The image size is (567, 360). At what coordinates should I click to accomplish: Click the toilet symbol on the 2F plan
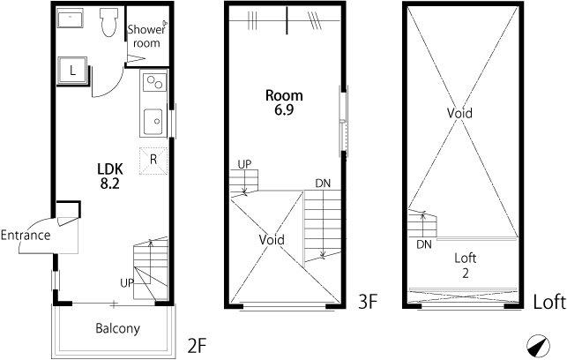click(108, 22)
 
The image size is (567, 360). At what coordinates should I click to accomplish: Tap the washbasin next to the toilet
click(71, 19)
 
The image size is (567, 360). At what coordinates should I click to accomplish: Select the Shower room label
click(146, 36)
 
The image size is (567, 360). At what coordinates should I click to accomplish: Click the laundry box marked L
click(72, 71)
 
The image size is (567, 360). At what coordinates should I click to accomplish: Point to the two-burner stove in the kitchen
click(155, 82)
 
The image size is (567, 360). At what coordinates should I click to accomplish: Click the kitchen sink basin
click(153, 122)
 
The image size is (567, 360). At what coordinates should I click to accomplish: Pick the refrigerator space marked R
click(153, 161)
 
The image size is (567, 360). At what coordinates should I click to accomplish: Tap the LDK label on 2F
click(110, 169)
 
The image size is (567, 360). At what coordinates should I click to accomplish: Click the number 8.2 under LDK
click(110, 184)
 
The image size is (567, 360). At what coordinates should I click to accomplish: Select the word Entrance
click(26, 236)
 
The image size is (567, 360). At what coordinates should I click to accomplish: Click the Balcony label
click(117, 328)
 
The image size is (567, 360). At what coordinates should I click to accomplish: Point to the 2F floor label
click(197, 345)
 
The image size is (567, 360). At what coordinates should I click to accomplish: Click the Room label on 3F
click(284, 95)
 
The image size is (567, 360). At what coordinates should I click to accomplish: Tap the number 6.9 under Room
click(284, 109)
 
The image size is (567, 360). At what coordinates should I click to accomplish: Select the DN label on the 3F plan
click(323, 184)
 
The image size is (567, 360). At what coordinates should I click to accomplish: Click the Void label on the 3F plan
click(272, 239)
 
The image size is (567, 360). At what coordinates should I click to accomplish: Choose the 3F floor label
click(368, 302)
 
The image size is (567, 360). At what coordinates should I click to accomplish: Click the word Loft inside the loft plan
click(465, 258)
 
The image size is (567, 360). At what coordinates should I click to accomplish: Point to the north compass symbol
click(538, 345)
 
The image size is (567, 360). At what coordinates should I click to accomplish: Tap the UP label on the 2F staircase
click(127, 282)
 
